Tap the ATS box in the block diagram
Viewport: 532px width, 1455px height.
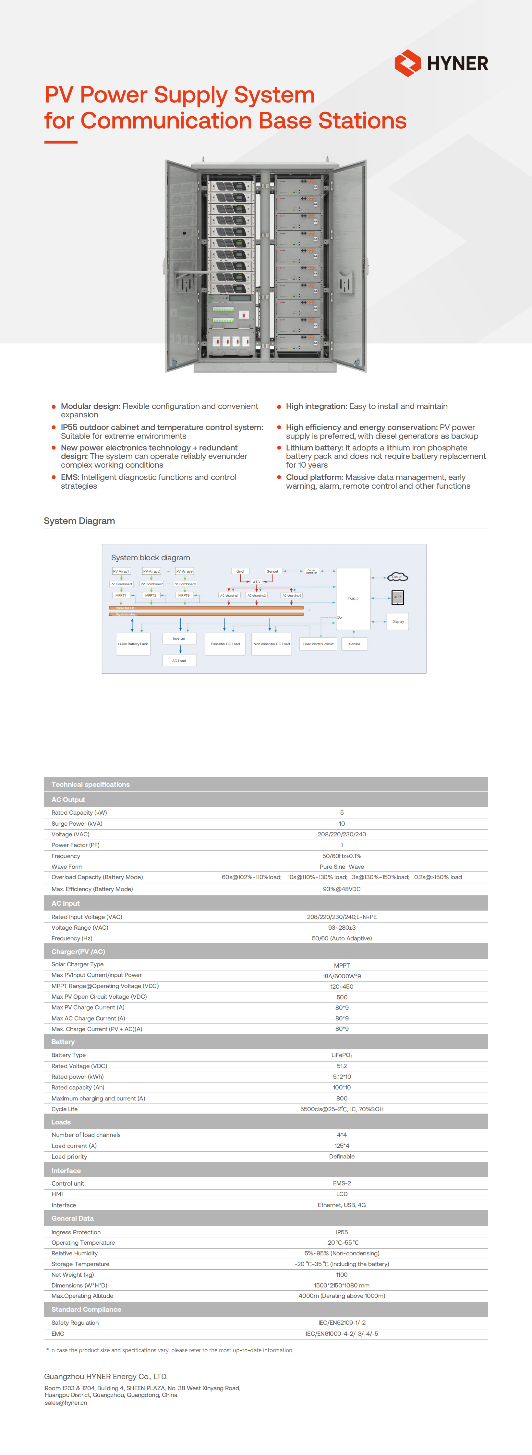coord(257,582)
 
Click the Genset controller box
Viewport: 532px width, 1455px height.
coord(311,571)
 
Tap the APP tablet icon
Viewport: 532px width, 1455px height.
coord(397,597)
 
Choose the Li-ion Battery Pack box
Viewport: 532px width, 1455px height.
coord(133,644)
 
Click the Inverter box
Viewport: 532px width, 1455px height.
coord(179,638)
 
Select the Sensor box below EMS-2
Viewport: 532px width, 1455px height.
coord(355,644)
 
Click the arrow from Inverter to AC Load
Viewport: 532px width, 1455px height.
coord(180,649)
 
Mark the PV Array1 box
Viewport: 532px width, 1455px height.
coord(121,571)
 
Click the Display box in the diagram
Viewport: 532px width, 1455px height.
coord(398,621)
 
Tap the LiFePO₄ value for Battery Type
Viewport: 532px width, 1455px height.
coord(342,1055)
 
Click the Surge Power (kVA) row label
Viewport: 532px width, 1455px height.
coord(77,823)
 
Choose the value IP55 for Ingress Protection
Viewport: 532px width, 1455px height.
coord(342,1232)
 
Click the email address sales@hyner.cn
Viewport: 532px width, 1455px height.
coord(66,1403)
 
